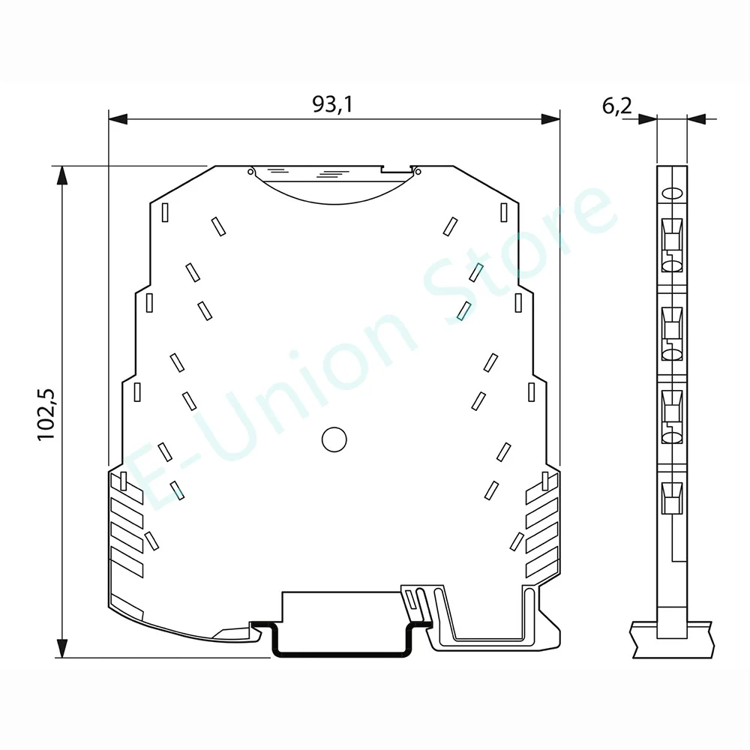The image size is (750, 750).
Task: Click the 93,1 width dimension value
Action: click(x=332, y=104)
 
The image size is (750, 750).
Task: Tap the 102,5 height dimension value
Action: click(x=46, y=415)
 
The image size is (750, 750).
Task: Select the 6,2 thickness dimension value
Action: click(x=616, y=106)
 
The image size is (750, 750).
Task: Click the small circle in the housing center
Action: click(x=334, y=439)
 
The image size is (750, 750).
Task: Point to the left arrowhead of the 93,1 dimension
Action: click(x=118, y=119)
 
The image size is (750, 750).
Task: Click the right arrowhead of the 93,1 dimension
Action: click(x=550, y=119)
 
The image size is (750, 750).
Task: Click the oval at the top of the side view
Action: click(x=672, y=193)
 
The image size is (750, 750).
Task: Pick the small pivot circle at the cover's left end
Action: click(x=250, y=171)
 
